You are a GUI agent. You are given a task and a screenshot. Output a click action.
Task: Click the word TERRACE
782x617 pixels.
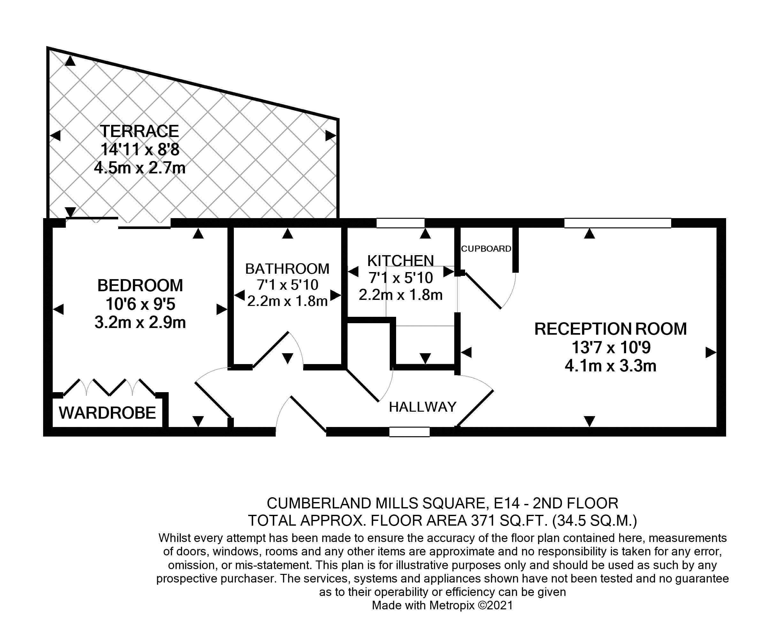tap(139, 131)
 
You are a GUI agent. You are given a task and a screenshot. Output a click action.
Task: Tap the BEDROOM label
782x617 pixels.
tap(140, 286)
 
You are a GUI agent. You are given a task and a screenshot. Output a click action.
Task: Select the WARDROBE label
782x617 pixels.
tap(107, 413)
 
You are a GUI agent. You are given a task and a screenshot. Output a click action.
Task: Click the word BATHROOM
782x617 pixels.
tap(287, 269)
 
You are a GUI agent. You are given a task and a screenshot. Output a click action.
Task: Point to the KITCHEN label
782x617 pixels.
tap(400, 261)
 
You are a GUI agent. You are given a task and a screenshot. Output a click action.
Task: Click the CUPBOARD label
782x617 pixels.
tap(486, 249)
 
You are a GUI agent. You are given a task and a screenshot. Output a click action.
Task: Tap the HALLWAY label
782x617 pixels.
tap(422, 407)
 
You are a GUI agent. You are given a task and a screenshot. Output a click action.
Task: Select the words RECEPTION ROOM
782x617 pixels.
tap(610, 329)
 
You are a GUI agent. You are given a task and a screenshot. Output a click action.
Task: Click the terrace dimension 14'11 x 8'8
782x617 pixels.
tap(140, 149)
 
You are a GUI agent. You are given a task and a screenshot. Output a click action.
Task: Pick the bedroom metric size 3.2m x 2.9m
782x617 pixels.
tap(140, 323)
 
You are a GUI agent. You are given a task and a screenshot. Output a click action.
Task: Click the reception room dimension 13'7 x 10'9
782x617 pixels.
tap(611, 347)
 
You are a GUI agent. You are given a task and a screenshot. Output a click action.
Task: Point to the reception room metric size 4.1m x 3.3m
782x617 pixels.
tap(610, 366)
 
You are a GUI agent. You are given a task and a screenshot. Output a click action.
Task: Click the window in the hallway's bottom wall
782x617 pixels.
tap(410, 432)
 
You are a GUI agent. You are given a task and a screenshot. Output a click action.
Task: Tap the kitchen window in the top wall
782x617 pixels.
tap(400, 223)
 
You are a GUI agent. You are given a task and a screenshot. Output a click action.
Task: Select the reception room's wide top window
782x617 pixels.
tap(617, 223)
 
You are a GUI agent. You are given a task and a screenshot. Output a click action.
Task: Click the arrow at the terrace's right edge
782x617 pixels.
tap(330, 136)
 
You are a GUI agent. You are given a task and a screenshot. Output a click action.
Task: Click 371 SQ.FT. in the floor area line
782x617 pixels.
tap(510, 521)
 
